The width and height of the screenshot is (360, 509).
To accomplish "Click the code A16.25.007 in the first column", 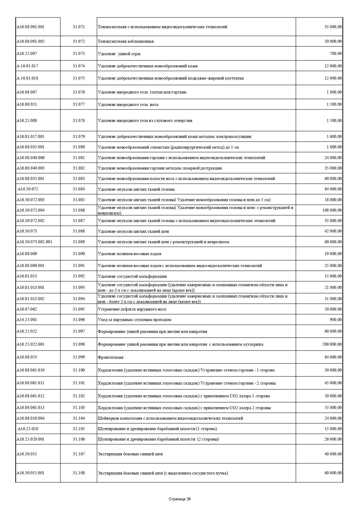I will pos(27,54).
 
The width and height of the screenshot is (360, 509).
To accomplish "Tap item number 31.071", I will pos(79,27).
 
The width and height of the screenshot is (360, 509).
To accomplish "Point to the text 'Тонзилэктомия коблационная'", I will pos(126,41).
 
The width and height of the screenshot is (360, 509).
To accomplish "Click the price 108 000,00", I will pos(332,210).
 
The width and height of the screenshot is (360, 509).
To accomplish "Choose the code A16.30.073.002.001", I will pos(34,242).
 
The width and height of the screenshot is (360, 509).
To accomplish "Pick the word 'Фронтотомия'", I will pos(111,358).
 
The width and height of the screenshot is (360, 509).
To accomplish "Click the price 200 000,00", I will pos(332,344).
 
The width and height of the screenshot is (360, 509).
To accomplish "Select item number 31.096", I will pos(79,320).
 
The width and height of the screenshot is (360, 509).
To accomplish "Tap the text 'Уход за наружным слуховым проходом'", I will pos(134,320).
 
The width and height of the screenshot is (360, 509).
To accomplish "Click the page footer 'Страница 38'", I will pos(180,499).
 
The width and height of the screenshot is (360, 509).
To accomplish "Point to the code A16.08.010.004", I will pos(30,418).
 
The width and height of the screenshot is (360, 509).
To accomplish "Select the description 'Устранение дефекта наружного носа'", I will pos(132,309).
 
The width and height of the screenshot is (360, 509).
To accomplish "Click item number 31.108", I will pos(79,473).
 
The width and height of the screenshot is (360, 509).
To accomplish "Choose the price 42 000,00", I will pos(333,231).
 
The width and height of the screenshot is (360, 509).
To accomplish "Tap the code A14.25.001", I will pos(27,320).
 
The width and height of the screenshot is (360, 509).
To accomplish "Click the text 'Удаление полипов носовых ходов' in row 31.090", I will pos(129,254).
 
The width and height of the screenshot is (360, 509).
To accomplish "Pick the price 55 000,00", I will pos(333,408).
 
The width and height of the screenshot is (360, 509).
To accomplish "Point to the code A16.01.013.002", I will pos(30,299).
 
